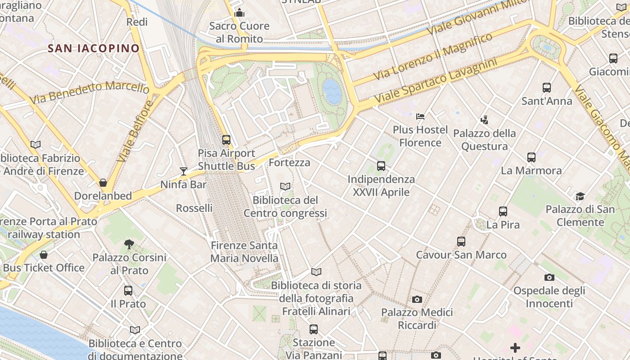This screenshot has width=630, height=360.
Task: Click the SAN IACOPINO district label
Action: click(94, 49)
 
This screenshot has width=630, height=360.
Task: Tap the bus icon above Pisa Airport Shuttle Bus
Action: click(226, 139)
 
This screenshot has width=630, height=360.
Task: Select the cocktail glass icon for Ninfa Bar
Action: click(184, 171)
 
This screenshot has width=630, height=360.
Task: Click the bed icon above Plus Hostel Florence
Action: click(420, 117)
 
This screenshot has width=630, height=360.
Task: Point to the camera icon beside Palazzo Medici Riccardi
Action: click(417, 299)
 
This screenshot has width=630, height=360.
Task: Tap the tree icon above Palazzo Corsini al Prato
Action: click(129, 244)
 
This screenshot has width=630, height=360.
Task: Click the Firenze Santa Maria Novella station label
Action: click(244, 252)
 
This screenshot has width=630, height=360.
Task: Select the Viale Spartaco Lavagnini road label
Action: click(435, 80)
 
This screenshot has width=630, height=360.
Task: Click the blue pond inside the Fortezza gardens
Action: click(332, 91)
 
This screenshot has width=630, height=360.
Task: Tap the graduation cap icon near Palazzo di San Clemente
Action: click(580, 196)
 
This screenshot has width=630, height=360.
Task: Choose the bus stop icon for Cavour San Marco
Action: click(461, 242)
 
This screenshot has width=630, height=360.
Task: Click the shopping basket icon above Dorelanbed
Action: click(103, 183)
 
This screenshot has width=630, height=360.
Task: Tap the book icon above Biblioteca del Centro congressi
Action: click(285, 186)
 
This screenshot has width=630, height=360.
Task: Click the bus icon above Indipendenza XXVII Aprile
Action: click(381, 166)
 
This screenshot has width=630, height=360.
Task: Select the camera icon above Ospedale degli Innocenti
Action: click(549, 277)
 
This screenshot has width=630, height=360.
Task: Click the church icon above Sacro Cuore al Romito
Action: click(239, 13)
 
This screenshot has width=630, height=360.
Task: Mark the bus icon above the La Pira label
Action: click(503, 211)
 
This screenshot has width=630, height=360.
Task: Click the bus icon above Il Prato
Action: click(128, 291)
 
